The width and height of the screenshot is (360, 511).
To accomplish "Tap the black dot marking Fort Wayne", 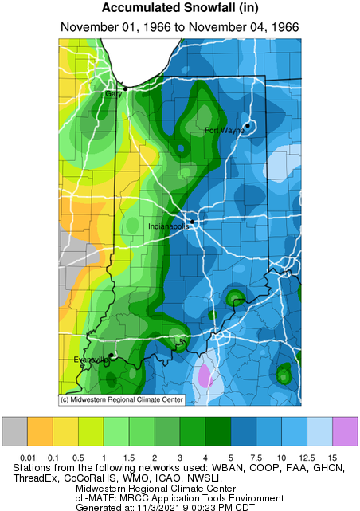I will (x=248, y=125).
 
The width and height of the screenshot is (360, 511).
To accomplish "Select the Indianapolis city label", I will (x=169, y=226).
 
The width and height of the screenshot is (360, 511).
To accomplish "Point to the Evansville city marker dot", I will (x=110, y=356).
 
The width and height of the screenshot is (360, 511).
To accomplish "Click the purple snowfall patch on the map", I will (x=205, y=374).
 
